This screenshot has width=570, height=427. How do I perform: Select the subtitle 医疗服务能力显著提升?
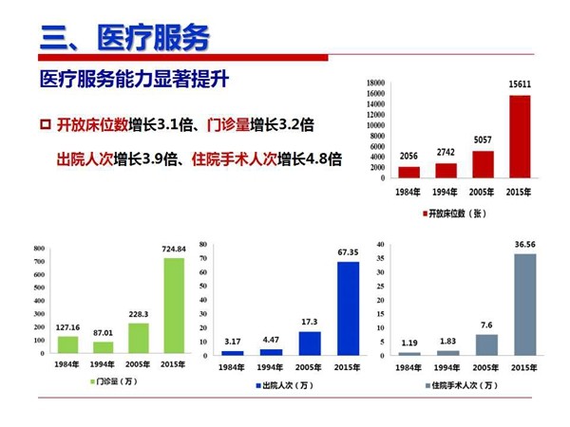click(134, 78)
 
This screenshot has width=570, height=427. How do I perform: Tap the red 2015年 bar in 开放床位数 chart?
click(520, 137)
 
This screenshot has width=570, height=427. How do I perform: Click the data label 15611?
click(519, 85)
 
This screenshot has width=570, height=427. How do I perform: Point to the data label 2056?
click(408, 157)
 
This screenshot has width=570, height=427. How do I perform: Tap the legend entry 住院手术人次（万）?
click(462, 385)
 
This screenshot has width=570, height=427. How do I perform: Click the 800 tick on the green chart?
click(39, 250)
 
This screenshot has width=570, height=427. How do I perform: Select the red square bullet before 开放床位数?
click(45, 125)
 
